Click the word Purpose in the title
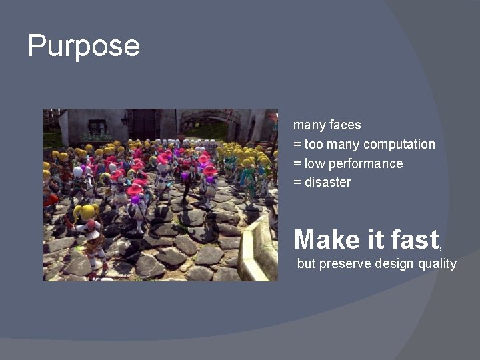tap(84, 46)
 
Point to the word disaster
tap(327, 182)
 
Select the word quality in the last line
tap(437, 263)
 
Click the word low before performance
tap(313, 163)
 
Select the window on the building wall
tap(97, 127)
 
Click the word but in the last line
tap(306, 263)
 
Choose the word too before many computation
tap(313, 145)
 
